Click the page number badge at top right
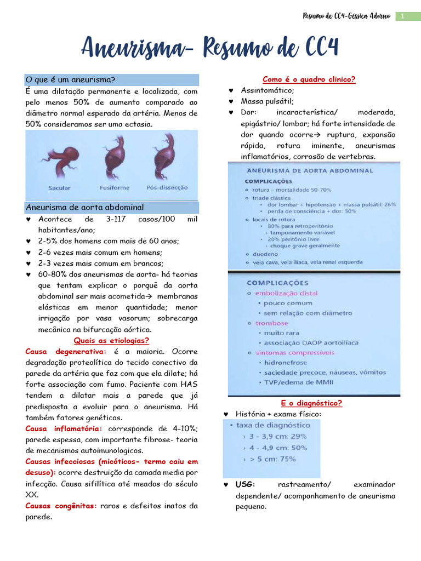pyautogui.click(x=403, y=16)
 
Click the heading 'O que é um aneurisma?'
pyautogui.click(x=70, y=79)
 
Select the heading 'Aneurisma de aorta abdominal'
pyautogui.click(x=84, y=207)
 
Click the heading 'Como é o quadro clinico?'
pyautogui.click(x=309, y=79)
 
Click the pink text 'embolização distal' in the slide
pyautogui.click(x=286, y=293)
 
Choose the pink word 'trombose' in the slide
pyautogui.click(x=271, y=323)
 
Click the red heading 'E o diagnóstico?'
pyautogui.click(x=311, y=403)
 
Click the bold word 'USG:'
pyautogui.click(x=246, y=485)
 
